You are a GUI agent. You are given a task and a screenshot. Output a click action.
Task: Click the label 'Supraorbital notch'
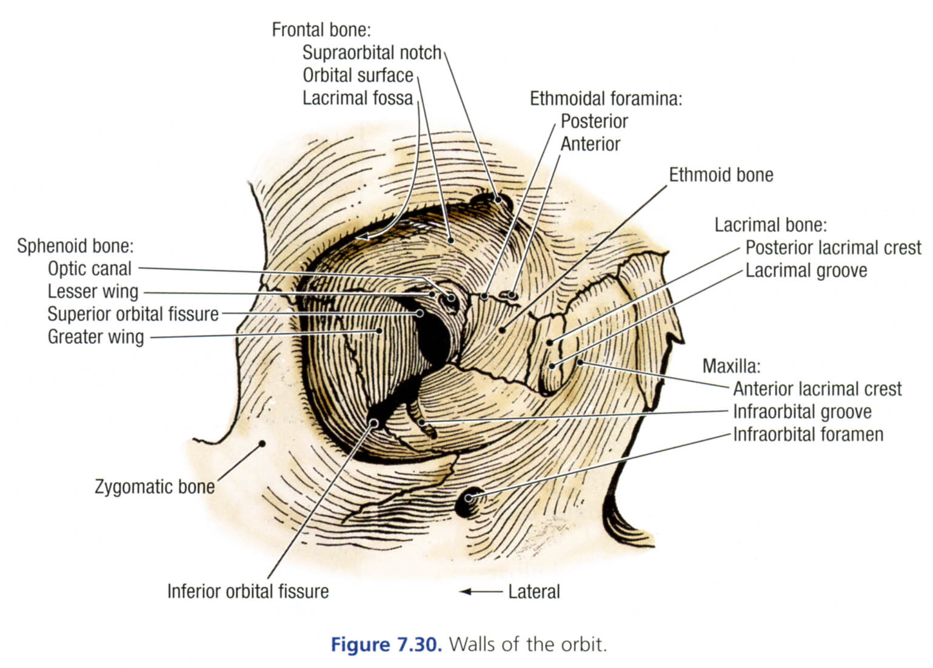click(x=372, y=53)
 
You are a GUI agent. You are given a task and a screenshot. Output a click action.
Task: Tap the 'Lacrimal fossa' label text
click(x=358, y=98)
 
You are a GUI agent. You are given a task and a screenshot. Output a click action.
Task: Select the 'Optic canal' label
click(x=90, y=269)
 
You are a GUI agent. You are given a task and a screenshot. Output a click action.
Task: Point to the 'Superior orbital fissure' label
click(x=133, y=314)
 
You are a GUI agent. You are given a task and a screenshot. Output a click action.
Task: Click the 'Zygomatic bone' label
click(x=155, y=487)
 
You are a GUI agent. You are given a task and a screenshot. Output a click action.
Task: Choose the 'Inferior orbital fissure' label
click(x=248, y=591)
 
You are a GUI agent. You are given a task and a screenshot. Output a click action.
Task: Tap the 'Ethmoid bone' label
click(x=721, y=176)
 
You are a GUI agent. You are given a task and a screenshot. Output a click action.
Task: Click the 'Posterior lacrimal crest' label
click(x=833, y=248)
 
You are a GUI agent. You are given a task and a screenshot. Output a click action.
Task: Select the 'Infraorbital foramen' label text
click(x=808, y=435)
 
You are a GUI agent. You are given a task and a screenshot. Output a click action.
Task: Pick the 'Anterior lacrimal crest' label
click(x=817, y=389)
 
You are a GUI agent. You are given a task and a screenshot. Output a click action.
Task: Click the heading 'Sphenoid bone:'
click(x=75, y=246)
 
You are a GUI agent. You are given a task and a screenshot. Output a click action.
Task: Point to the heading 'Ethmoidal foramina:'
click(x=606, y=99)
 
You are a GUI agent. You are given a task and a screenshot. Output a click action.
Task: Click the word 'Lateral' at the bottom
click(x=534, y=592)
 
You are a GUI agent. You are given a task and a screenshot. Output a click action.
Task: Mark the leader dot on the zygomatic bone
click(x=263, y=443)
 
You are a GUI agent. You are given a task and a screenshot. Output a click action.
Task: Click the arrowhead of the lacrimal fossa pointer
click(x=362, y=237)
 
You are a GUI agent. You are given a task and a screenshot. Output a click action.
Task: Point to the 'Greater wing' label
click(x=96, y=337)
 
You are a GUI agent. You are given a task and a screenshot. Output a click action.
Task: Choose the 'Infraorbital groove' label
click(x=802, y=412)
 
